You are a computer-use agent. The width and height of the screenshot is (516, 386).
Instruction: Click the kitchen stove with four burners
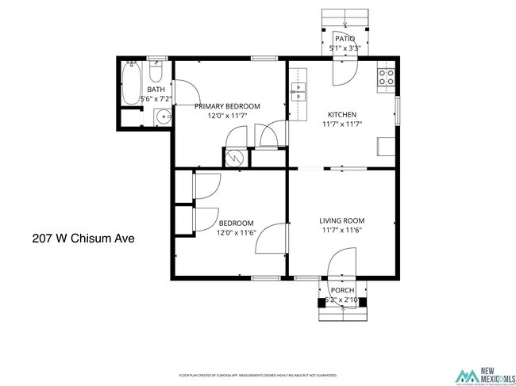(x=387, y=77)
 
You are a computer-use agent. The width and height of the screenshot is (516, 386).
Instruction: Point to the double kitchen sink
(x=298, y=89)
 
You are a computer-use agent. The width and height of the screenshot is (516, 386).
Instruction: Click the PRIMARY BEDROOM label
(x=228, y=106)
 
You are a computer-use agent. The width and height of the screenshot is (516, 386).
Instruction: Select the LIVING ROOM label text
(x=342, y=220)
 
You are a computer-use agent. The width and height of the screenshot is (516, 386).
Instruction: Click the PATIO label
(x=345, y=39)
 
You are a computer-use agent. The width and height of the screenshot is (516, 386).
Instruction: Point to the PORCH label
(x=343, y=291)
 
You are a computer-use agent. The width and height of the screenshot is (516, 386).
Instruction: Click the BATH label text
(x=156, y=90)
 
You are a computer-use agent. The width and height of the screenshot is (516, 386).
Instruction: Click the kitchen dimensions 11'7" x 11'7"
(x=343, y=124)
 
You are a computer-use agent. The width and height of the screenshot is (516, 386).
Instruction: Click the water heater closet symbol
(x=236, y=157)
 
